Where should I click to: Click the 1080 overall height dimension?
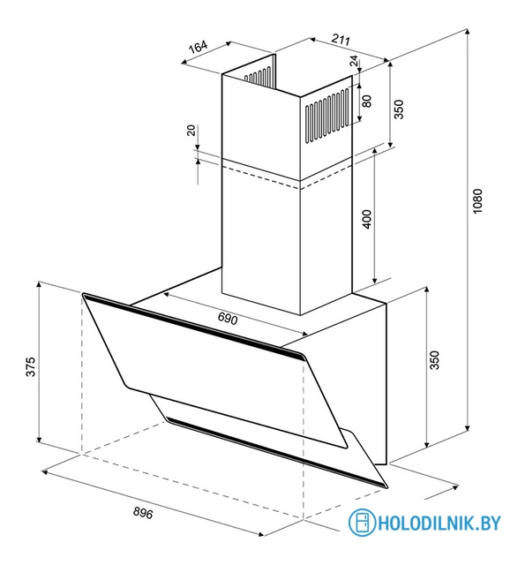[476, 201]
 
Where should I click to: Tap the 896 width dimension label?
[143, 512]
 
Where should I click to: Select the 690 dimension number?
[228, 319]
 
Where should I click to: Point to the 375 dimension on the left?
[31, 367]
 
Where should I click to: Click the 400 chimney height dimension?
[367, 219]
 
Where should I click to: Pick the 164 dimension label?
[199, 47]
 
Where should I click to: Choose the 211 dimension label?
[341, 39]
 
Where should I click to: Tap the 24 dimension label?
[355, 61]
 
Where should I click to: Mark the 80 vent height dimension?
[367, 101]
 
